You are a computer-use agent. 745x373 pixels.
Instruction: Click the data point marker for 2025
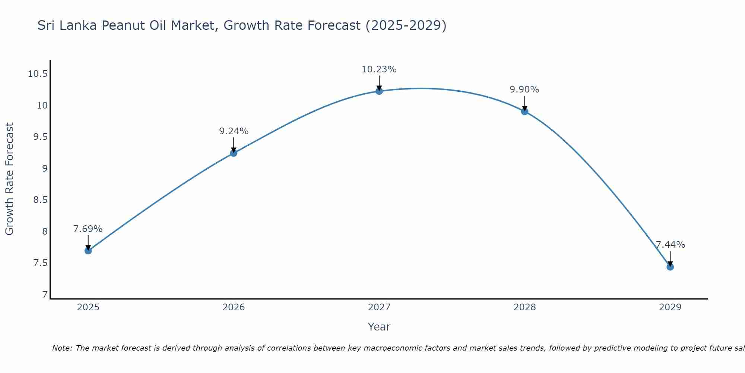pyautogui.click(x=88, y=251)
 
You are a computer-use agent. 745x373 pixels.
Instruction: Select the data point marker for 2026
pyautogui.click(x=234, y=153)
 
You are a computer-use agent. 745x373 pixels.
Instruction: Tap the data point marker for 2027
pyautogui.click(x=379, y=91)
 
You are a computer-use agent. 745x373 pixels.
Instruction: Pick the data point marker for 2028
pyautogui.click(x=524, y=112)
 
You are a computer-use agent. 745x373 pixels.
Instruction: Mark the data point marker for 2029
pyautogui.click(x=670, y=267)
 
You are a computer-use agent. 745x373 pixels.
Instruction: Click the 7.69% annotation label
pyautogui.click(x=88, y=229)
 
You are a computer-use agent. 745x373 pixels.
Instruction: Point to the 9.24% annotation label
pyautogui.click(x=234, y=131)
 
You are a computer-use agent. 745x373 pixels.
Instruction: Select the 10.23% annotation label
pyautogui.click(x=379, y=69)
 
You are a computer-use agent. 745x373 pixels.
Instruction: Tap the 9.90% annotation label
pyautogui.click(x=524, y=90)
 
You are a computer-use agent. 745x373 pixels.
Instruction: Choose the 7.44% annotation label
pyautogui.click(x=670, y=245)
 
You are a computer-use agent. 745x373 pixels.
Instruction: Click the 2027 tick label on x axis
pyautogui.click(x=379, y=307)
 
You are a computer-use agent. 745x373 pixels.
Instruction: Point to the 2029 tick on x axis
pyautogui.click(x=670, y=307)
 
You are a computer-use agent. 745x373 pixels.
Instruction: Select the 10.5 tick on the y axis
pyautogui.click(x=38, y=74)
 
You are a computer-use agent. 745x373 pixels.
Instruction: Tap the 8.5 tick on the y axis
pyautogui.click(x=41, y=200)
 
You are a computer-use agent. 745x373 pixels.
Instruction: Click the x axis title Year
pyautogui.click(x=379, y=327)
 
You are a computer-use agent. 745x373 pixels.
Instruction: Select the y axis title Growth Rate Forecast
pyautogui.click(x=9, y=179)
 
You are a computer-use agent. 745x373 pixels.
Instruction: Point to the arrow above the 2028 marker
pyautogui.click(x=524, y=103)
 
